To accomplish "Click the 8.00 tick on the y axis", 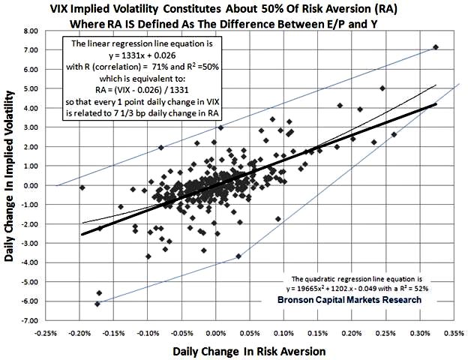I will point(30,32).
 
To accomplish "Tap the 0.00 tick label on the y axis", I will point(30,186).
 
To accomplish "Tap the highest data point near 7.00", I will point(436,47).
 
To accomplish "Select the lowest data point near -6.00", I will point(97,304).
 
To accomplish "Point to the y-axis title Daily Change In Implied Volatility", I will point(10,176).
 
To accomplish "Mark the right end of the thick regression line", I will point(436,105).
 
